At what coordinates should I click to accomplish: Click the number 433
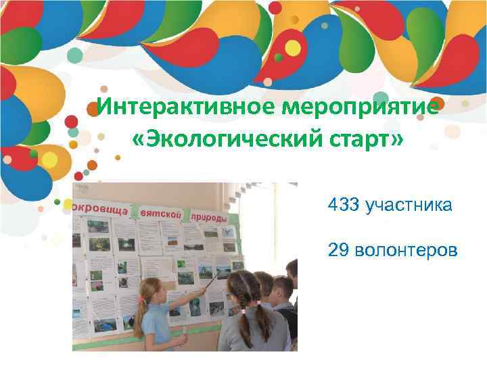point(344,205)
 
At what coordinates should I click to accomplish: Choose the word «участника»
point(409,205)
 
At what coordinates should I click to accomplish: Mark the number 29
point(337,251)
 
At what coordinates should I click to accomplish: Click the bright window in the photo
point(271,223)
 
